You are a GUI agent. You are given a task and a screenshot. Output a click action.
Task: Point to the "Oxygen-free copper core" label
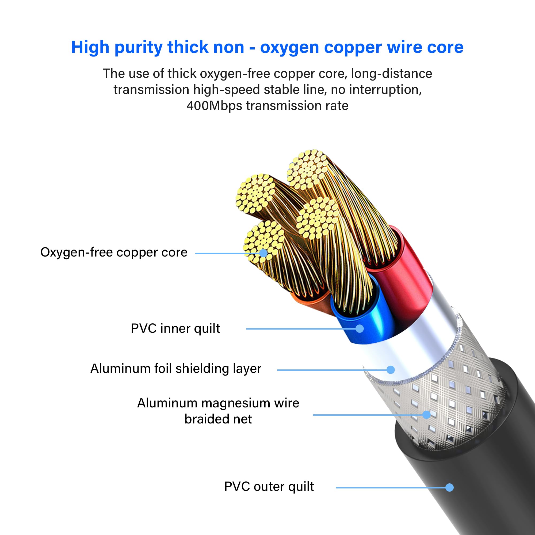click(x=114, y=252)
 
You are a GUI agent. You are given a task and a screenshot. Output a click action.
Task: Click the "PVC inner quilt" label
click(x=175, y=329)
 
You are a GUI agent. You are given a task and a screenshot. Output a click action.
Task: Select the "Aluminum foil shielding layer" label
click(x=176, y=369)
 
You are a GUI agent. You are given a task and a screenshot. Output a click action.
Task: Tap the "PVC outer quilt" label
click(x=269, y=487)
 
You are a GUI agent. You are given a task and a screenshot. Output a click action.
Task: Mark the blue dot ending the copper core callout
click(x=263, y=253)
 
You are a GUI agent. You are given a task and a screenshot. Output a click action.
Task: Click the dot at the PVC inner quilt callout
click(x=360, y=329)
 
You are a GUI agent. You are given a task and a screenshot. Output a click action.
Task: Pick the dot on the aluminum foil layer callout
click(x=391, y=370)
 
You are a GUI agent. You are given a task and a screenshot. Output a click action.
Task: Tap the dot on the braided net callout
click(x=426, y=415)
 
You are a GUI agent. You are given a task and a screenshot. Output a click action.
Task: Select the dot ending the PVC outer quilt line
click(x=449, y=487)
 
